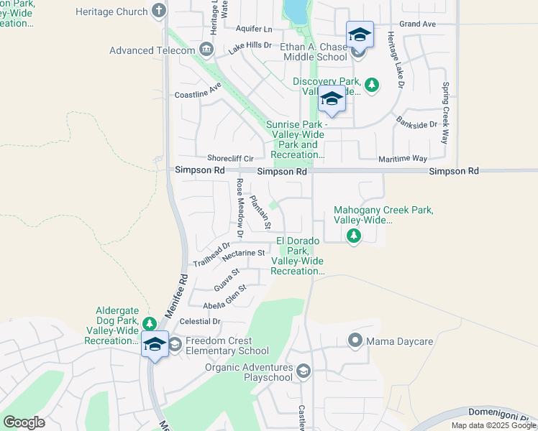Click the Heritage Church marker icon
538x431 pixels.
159,11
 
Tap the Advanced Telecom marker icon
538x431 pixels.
206,50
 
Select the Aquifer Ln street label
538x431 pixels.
254,29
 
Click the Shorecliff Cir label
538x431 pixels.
230,158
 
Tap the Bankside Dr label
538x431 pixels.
416,124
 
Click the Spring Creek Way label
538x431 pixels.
446,113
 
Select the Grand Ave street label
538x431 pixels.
418,24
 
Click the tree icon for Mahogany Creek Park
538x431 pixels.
353,236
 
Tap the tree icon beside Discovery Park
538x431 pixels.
372,85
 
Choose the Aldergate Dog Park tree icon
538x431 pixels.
149,324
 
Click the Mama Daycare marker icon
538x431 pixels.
355,340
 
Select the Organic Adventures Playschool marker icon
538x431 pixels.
304,371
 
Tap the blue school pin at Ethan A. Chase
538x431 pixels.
360,34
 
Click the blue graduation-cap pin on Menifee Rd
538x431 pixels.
155,343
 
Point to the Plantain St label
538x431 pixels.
260,212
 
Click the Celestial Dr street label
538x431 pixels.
201,321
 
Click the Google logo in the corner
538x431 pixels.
24,422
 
